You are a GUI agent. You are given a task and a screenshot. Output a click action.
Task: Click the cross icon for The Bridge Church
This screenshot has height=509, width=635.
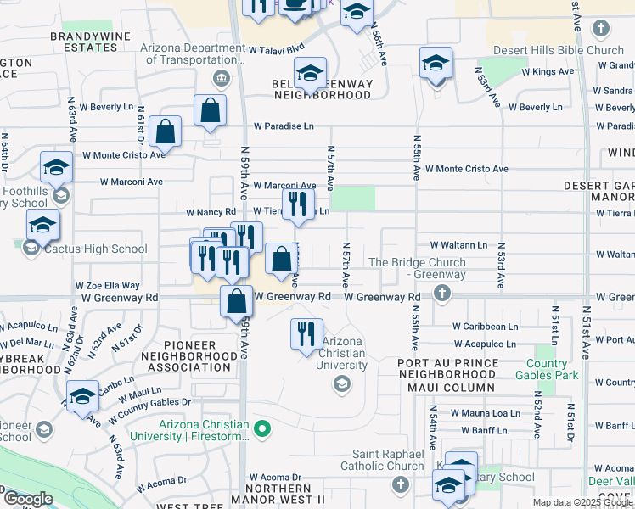tap(441, 293)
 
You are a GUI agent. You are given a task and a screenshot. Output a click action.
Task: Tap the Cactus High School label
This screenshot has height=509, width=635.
tap(87, 249)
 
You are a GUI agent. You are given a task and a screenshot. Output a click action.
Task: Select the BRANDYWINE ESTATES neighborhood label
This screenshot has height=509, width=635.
tap(83, 42)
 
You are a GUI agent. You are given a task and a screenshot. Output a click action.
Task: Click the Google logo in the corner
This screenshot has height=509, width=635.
tap(27, 499)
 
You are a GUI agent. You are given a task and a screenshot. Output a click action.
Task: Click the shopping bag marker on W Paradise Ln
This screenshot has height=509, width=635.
tap(210, 111)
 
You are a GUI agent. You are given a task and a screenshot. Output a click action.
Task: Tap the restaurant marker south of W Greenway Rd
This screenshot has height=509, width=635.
tap(306, 334)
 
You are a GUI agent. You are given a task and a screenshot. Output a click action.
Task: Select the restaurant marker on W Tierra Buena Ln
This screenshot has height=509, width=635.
tap(298, 204)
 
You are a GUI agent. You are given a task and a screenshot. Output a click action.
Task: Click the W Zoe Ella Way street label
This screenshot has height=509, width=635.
tap(108, 287)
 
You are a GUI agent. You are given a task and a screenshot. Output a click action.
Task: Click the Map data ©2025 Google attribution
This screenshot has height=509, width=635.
tap(582, 502)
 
